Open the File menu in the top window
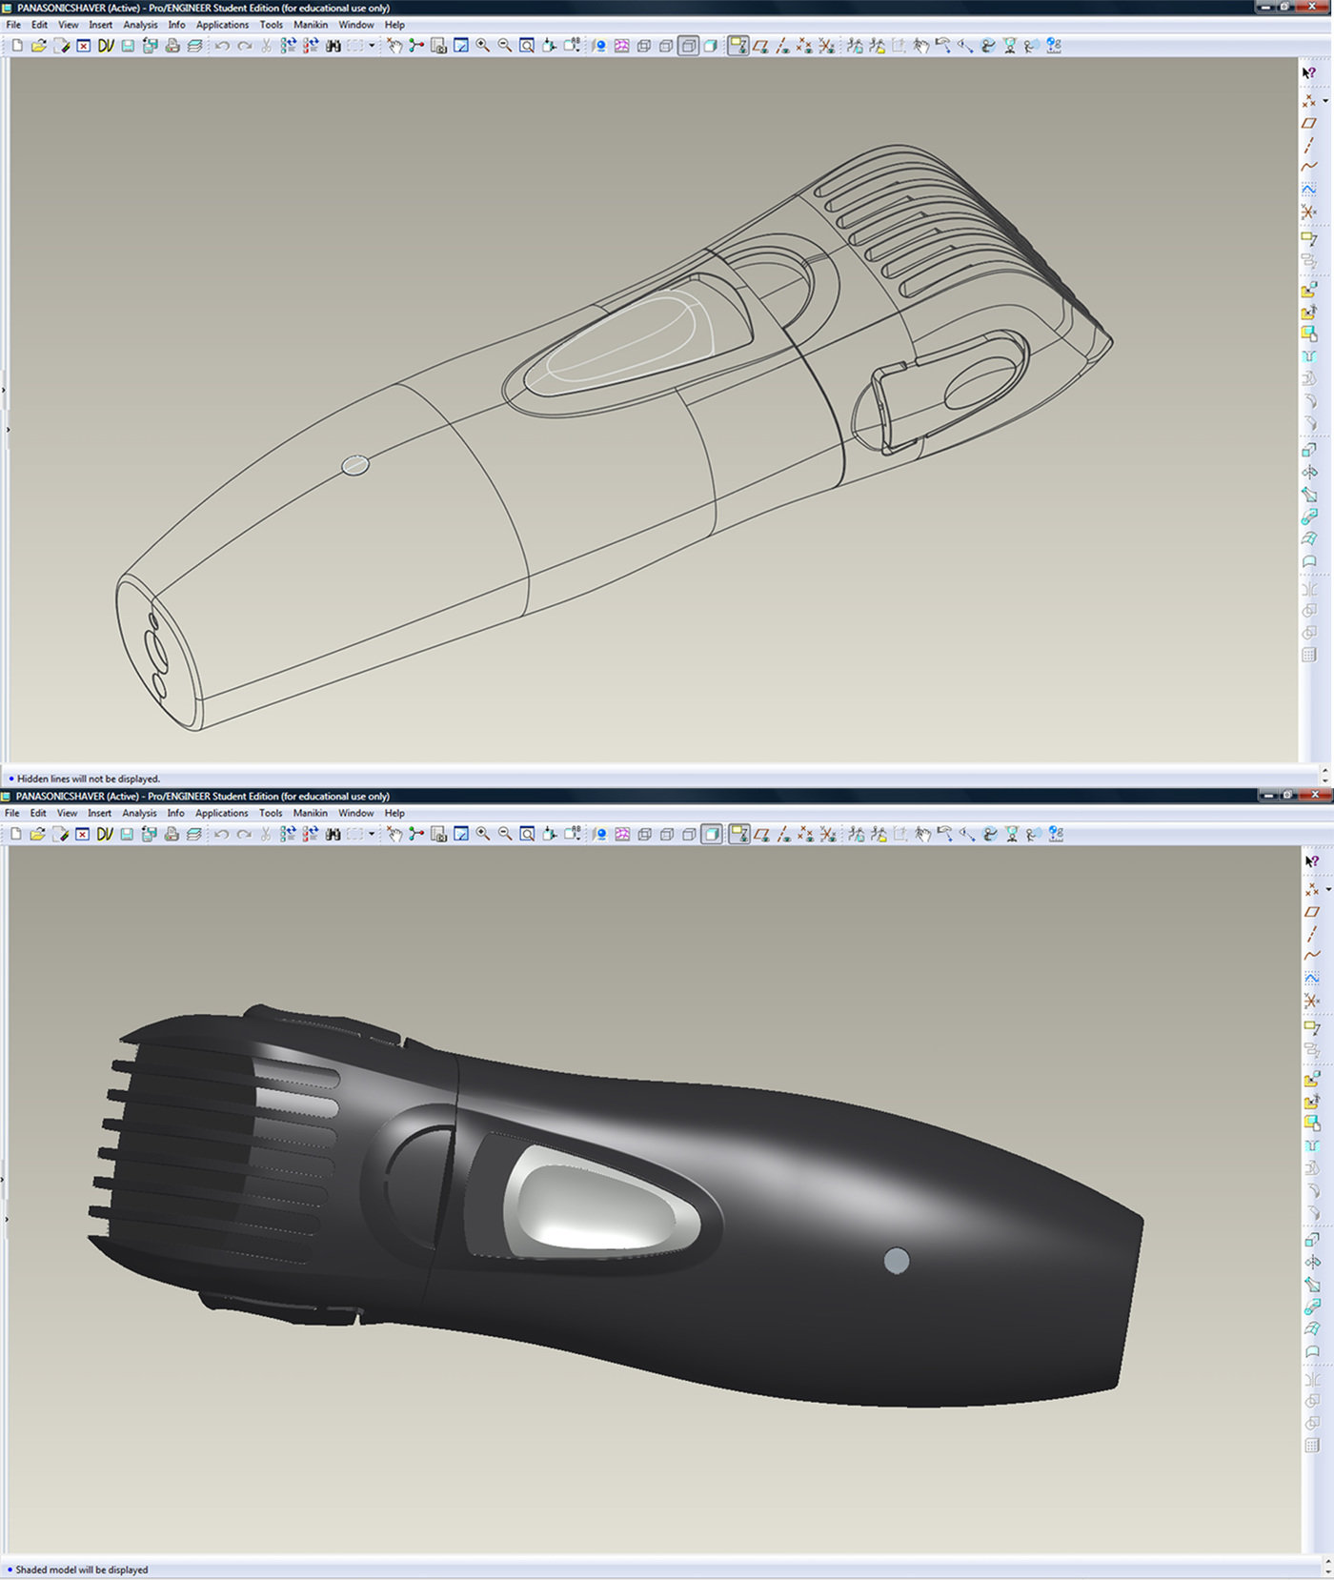pos(13,25)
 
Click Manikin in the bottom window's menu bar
pos(310,813)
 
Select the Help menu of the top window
pos(394,25)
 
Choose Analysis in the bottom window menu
pos(139,813)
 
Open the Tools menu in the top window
pos(272,25)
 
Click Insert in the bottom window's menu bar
pos(99,813)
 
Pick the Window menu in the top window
pos(356,25)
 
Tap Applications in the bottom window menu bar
pos(221,813)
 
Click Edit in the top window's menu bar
pos(39,25)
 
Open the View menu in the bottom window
pos(67,813)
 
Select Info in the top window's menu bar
pos(177,25)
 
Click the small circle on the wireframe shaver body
pos(355,465)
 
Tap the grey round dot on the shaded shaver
pos(897,1261)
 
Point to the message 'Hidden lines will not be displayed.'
pos(89,779)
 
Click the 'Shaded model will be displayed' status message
pos(82,1570)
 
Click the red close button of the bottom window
pos(1315,795)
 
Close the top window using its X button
pos(1315,7)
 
